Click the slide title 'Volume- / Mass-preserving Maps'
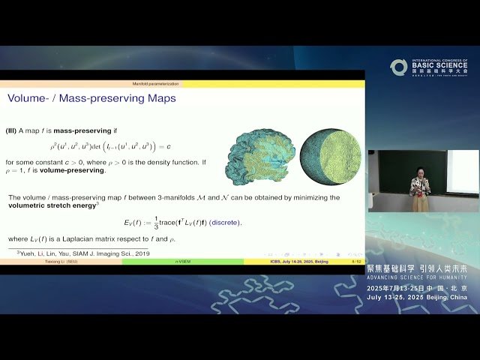tap(91, 98)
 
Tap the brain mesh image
tap(259, 155)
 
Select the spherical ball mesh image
tap(331, 156)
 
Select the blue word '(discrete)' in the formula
tap(225, 222)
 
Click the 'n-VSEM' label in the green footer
tap(183, 262)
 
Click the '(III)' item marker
tap(15, 130)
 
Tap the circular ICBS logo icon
tap(398, 67)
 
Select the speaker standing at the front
tap(419, 192)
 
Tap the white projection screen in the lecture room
tap(462, 170)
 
